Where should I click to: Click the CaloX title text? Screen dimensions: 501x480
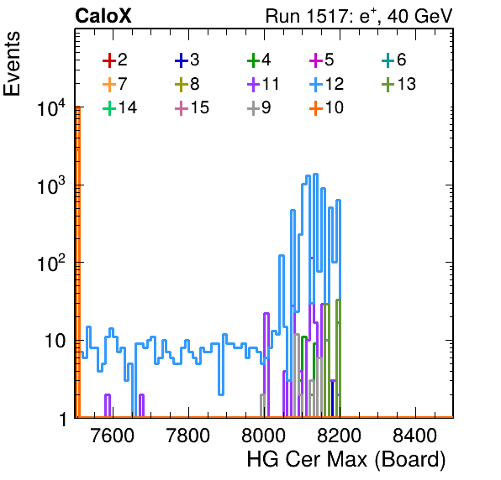click(103, 16)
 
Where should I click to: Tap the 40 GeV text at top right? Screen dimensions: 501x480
click(420, 16)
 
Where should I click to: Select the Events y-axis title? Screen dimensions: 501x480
click(12, 64)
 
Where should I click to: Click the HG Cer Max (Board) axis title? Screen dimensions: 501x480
click(346, 460)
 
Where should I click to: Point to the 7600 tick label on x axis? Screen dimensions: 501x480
click(113, 435)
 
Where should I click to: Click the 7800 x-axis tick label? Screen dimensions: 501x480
click(188, 435)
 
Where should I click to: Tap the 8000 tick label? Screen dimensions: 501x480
click(263, 435)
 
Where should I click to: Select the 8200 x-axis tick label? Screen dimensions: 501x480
click(339, 435)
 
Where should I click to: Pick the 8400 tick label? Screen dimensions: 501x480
click(414, 435)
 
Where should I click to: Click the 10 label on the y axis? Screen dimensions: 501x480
click(55, 342)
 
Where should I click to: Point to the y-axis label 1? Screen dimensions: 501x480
click(63, 419)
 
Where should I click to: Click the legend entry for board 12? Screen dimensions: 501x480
click(326, 84)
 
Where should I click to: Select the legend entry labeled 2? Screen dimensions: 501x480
click(114, 60)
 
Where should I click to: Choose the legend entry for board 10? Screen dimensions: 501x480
click(326, 107)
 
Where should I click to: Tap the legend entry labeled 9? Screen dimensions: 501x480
click(259, 107)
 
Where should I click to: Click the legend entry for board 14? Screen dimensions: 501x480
click(120, 107)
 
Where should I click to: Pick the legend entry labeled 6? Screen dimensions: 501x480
click(394, 60)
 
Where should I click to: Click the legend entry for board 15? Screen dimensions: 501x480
click(192, 107)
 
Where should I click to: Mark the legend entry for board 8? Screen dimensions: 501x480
click(187, 84)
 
